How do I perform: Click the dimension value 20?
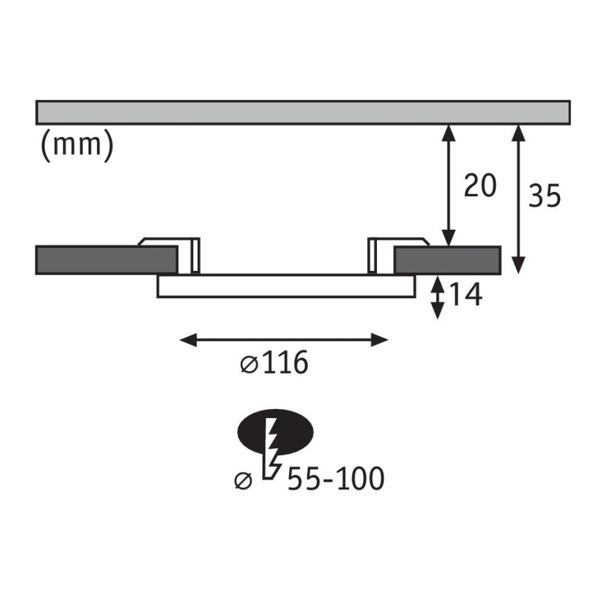479,186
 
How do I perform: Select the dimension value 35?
545,196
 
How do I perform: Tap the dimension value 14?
465,295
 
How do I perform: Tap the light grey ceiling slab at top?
303,112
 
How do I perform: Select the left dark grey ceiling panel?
105,260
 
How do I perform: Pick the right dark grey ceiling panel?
448,260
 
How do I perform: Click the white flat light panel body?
286,286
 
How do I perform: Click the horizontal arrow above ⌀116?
283,340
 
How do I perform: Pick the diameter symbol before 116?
249,364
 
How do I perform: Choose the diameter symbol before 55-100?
244,480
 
